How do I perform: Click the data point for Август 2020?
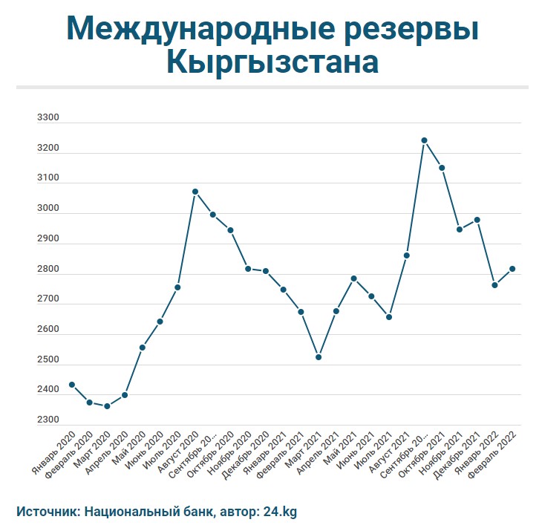[195, 192]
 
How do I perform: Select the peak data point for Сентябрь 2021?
[424, 140]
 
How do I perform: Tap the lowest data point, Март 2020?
[107, 406]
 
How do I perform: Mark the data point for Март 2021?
[319, 357]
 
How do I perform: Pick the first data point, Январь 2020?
[72, 385]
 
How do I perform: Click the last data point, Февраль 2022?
[512, 269]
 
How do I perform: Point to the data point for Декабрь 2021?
[477, 220]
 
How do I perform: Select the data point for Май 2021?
[354, 278]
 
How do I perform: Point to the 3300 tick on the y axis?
[48, 118]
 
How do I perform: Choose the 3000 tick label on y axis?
[48, 209]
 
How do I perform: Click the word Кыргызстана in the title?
[272, 62]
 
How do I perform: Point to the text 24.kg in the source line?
[281, 512]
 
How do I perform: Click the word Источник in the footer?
[46, 512]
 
